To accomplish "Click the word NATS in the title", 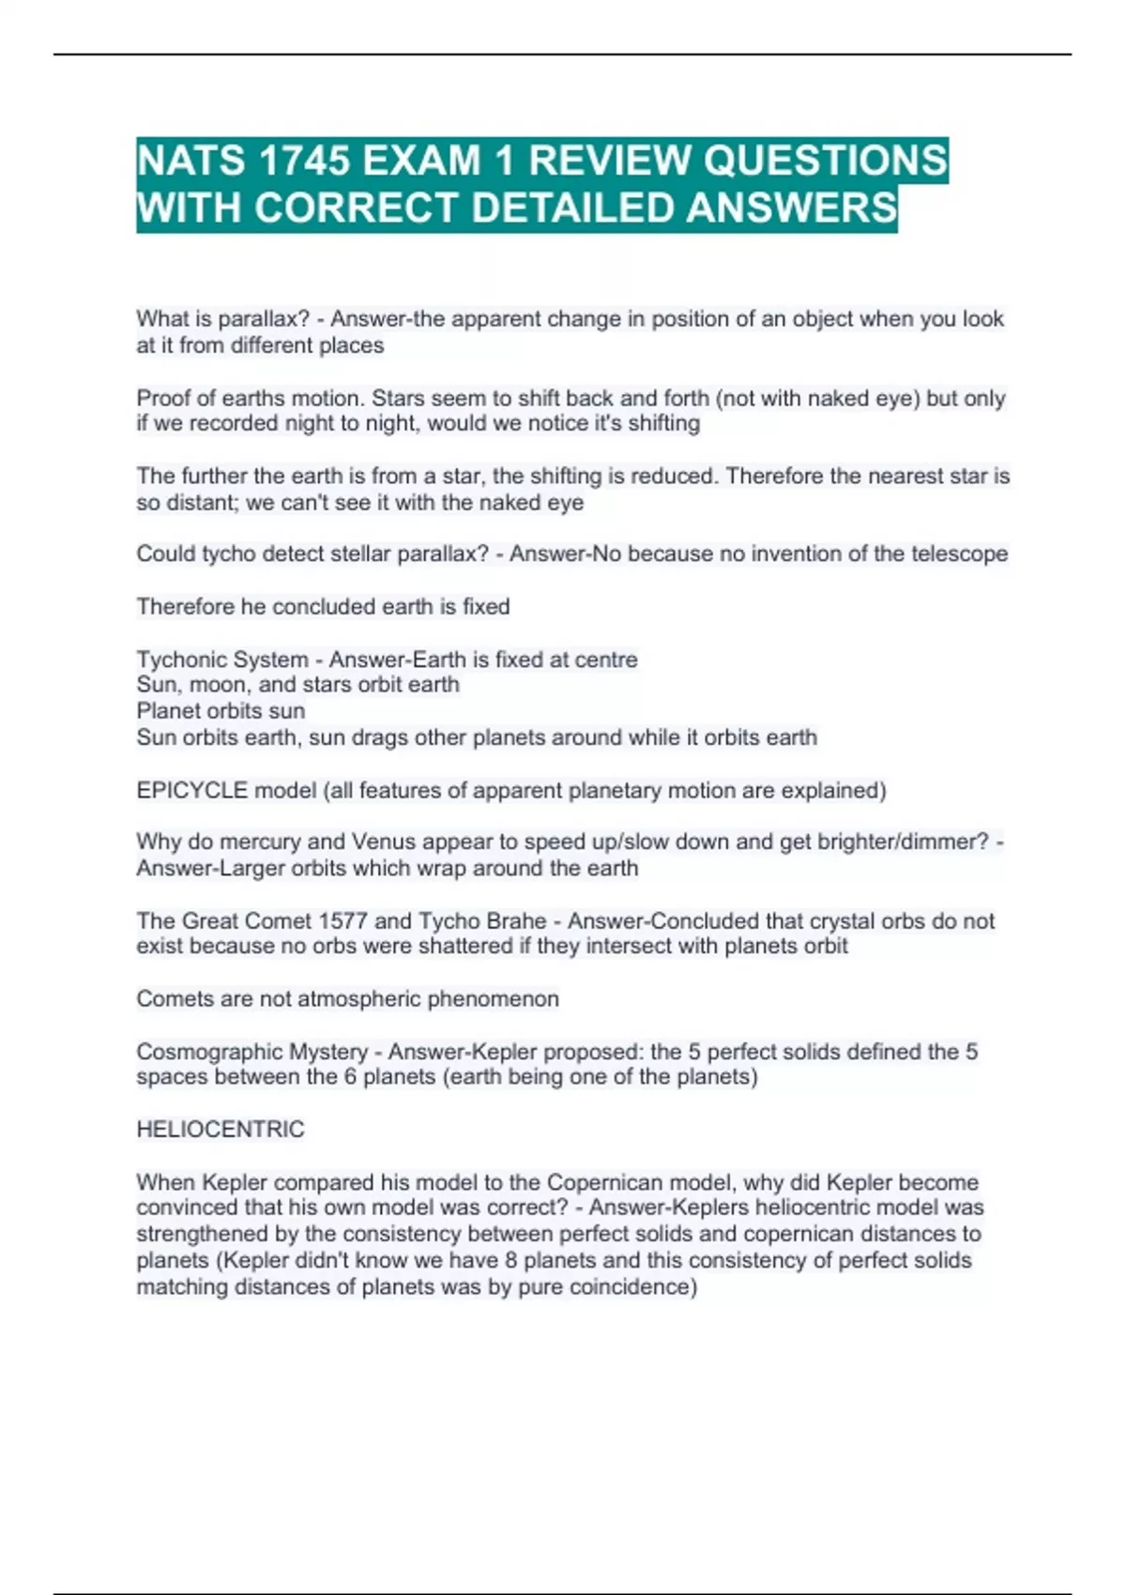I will (191, 160).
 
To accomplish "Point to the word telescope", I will (960, 554).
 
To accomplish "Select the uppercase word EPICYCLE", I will (191, 791).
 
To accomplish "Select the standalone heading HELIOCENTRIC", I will (221, 1130).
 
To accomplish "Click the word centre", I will (602, 660).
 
